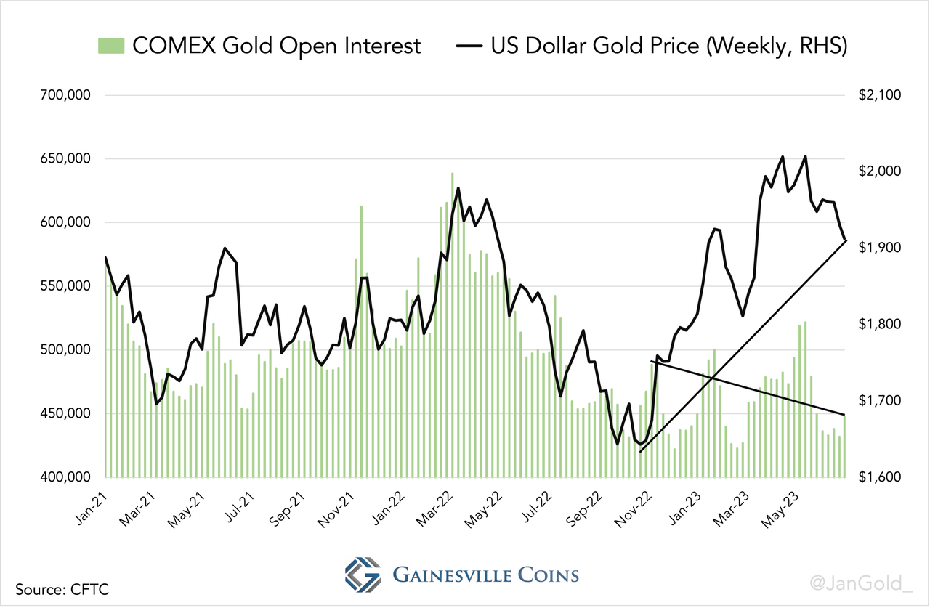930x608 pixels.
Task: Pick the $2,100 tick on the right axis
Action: (x=881, y=95)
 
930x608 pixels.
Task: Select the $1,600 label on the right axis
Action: (x=881, y=477)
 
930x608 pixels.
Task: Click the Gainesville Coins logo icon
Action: (x=363, y=575)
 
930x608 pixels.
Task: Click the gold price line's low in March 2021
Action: (x=157, y=404)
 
